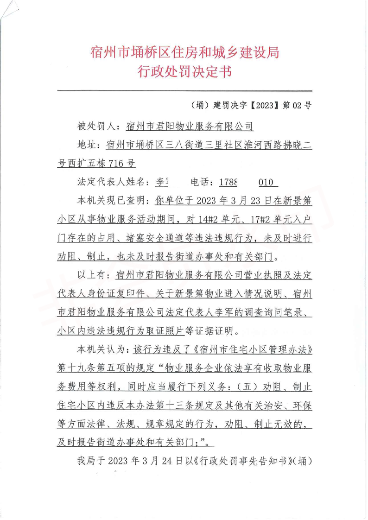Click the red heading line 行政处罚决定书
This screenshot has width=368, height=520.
184,72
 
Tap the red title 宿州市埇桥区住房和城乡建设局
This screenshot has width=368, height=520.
184,52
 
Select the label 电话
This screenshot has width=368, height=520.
203,182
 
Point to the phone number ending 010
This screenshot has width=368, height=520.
266,182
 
